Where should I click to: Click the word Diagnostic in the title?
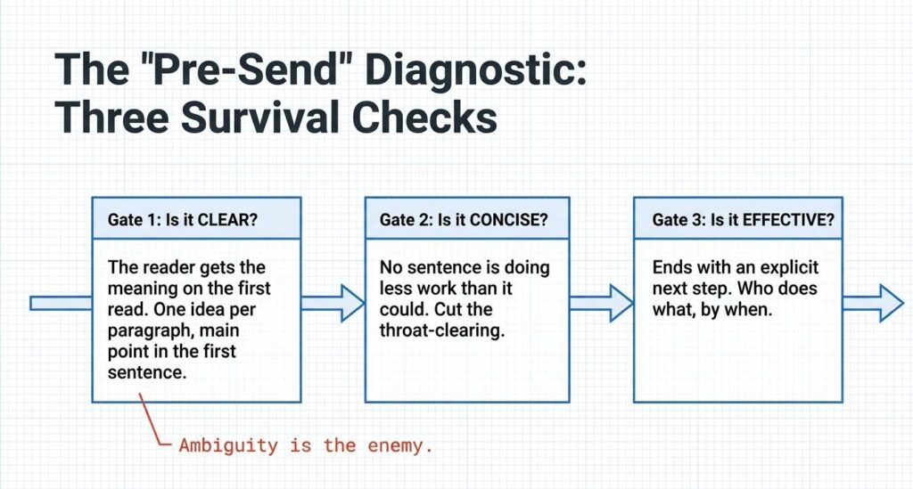pyautogui.click(x=476, y=69)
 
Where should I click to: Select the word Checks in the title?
pyautogui.click(x=424, y=117)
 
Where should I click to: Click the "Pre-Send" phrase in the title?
pyautogui.click(x=232, y=69)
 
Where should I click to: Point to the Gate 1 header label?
pyautogui.click(x=182, y=220)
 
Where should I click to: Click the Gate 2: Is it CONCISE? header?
pyautogui.click(x=464, y=220)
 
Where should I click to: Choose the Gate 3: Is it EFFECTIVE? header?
pyautogui.click(x=743, y=220)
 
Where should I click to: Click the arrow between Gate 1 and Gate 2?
pyautogui.click(x=333, y=303)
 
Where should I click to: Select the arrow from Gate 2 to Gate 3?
pyautogui.click(x=601, y=303)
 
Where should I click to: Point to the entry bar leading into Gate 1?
pyautogui.click(x=62, y=303)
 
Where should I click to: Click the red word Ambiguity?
pyautogui.click(x=228, y=446)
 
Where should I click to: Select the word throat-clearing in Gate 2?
pyautogui.click(x=442, y=330)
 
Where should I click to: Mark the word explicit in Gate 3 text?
pyautogui.click(x=789, y=267)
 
